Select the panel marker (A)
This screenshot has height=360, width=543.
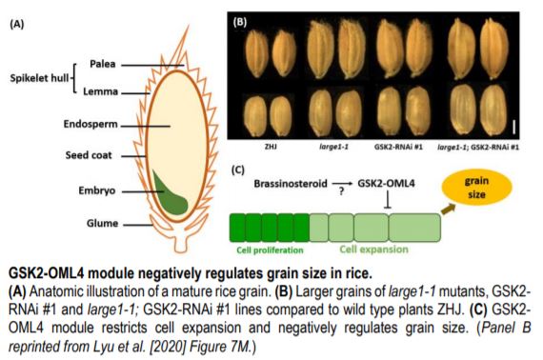[x=17, y=25]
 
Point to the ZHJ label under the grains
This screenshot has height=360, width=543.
[x=270, y=150]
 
